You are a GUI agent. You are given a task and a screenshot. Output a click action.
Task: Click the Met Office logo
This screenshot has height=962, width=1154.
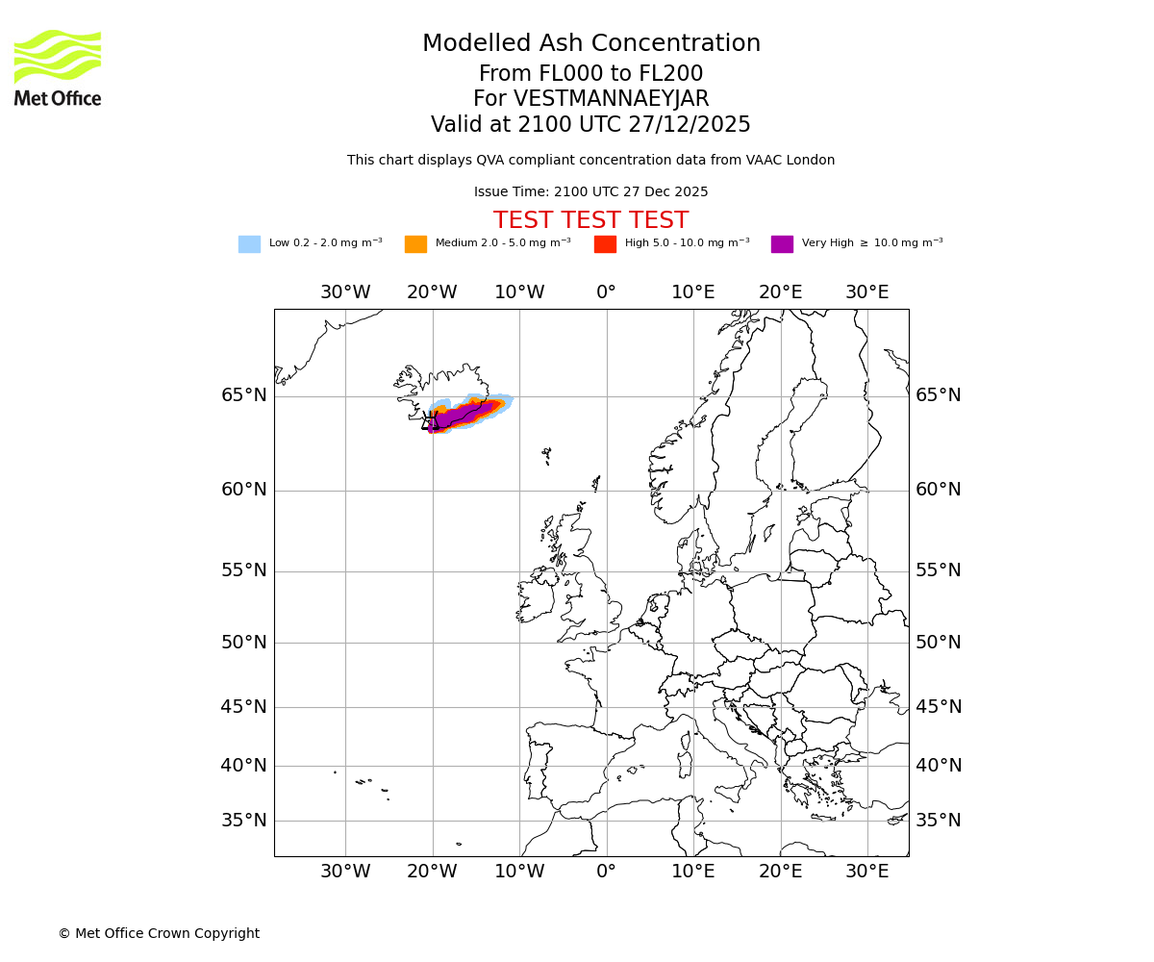[x=58, y=67]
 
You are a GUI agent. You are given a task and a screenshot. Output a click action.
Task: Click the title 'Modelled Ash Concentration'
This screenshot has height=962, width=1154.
[x=591, y=43]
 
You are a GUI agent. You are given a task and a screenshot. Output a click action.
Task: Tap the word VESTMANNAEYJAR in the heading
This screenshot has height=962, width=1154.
[x=612, y=99]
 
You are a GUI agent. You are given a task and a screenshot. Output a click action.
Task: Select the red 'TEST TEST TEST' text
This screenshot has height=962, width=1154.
[x=590, y=220]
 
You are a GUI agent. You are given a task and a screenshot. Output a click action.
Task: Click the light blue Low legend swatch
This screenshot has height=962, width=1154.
[x=249, y=244]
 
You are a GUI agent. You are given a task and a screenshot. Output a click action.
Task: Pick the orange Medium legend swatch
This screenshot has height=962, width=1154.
[x=415, y=244]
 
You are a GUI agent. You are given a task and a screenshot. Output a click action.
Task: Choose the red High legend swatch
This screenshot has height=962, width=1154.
[x=605, y=244]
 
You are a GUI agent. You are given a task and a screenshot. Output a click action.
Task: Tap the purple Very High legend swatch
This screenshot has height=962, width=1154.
[x=782, y=244]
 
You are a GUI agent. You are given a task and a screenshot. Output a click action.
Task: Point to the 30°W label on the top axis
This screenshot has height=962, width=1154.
[x=345, y=292]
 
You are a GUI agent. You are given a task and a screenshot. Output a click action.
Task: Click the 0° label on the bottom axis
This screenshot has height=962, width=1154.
[x=606, y=872]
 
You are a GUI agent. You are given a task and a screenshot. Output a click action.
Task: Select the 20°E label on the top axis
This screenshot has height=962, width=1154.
[x=780, y=292]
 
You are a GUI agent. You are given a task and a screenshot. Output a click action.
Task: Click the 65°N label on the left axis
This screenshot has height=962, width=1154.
[x=244, y=395]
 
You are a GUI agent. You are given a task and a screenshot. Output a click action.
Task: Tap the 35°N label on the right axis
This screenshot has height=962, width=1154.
[x=938, y=821]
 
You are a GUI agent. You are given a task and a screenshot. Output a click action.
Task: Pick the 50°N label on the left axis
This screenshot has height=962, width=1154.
[x=244, y=643]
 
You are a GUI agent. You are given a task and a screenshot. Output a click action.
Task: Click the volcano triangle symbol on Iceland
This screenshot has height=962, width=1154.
[x=430, y=421]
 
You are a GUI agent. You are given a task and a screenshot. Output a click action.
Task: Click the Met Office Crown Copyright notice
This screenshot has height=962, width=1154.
[x=159, y=933]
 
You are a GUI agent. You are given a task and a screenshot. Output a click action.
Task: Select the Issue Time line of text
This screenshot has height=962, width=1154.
[x=590, y=192]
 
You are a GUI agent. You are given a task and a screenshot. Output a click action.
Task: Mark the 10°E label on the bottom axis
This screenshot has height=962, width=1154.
[x=692, y=872]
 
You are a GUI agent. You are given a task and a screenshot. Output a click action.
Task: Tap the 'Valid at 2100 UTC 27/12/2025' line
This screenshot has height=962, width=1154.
[x=590, y=125]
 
